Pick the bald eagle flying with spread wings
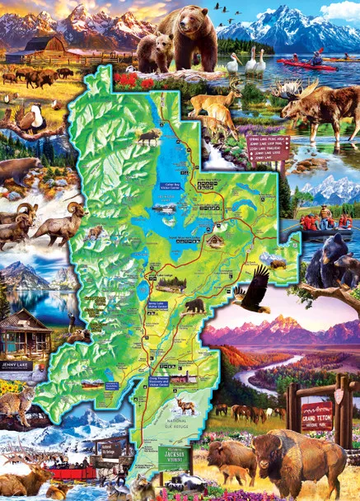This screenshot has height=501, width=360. (253, 291)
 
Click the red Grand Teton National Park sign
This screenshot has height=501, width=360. (316, 411)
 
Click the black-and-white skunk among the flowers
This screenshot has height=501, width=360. (188, 482)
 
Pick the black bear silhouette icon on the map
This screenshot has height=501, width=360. (194, 307)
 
